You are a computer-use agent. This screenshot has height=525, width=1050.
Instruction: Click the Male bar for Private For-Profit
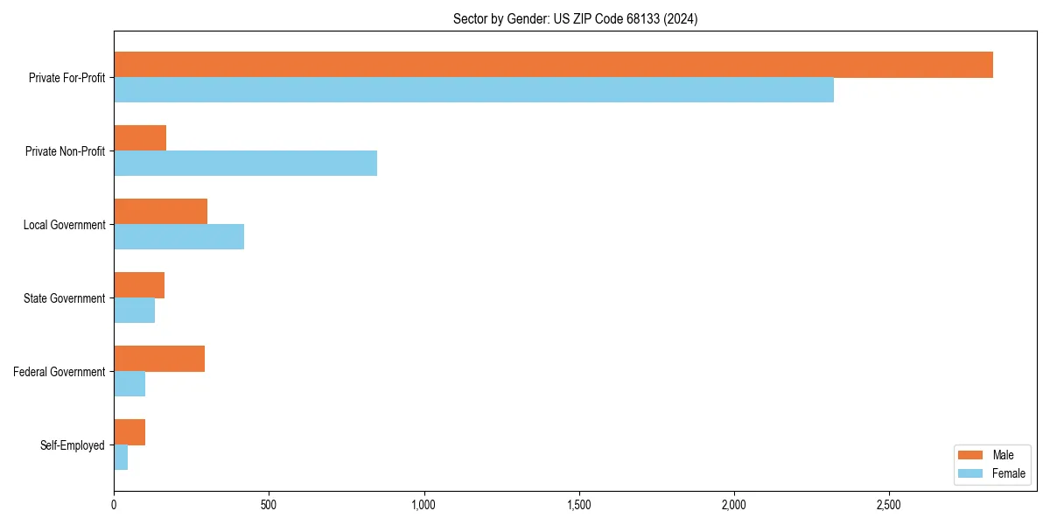pyautogui.click(x=553, y=65)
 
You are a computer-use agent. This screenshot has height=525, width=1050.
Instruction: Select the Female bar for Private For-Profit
pyautogui.click(x=473, y=90)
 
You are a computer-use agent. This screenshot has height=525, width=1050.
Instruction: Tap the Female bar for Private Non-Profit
pyautogui.click(x=245, y=164)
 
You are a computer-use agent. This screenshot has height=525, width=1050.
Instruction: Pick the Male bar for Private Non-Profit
pyautogui.click(x=140, y=138)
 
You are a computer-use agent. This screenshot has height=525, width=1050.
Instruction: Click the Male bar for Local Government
pyautogui.click(x=160, y=212)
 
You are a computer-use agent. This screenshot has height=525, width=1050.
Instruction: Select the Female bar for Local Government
pyautogui.click(x=178, y=237)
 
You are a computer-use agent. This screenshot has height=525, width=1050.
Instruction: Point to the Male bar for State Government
pyautogui.click(x=139, y=285)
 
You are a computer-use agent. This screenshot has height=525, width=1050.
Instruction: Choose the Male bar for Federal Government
pyautogui.click(x=159, y=359)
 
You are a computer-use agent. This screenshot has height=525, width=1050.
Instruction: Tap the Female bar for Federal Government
pyautogui.click(x=129, y=384)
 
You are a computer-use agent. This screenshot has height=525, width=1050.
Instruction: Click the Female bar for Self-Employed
pyautogui.click(x=121, y=458)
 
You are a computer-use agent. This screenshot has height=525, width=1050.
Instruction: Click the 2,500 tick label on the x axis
pyautogui.click(x=889, y=505)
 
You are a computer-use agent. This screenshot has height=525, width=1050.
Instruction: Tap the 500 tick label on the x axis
pyautogui.click(x=269, y=505)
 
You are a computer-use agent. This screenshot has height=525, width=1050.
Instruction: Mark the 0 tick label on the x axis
pyautogui.click(x=114, y=505)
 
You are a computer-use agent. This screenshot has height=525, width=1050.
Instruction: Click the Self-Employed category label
pyautogui.click(x=73, y=445)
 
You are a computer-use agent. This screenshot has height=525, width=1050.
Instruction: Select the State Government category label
pyautogui.click(x=65, y=298)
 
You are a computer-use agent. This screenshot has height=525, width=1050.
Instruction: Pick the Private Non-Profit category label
pyautogui.click(x=66, y=151)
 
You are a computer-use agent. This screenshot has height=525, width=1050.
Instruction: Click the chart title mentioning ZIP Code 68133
pyautogui.click(x=575, y=18)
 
